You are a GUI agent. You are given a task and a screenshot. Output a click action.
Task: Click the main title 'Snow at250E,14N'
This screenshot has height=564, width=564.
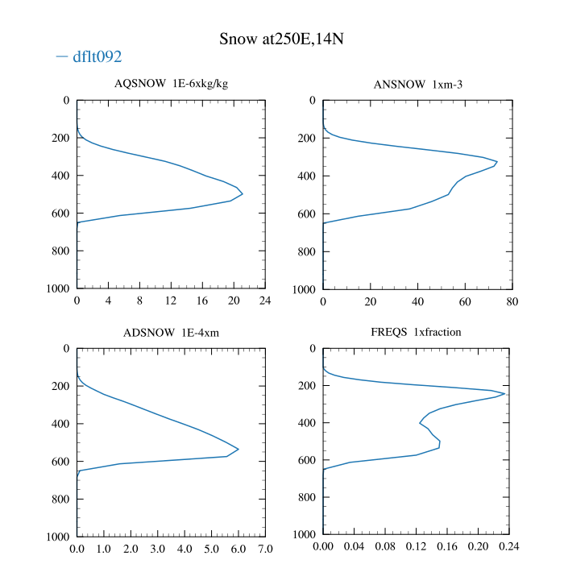[x=283, y=39]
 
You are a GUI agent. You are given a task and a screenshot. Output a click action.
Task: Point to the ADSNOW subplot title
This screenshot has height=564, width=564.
[x=171, y=332]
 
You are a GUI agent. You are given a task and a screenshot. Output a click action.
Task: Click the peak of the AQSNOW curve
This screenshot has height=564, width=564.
[x=243, y=193]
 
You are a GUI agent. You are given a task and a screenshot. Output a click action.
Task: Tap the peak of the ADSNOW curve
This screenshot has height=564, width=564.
[x=238, y=449]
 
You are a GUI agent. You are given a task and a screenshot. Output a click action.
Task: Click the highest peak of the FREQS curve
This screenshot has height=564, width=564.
[x=505, y=393]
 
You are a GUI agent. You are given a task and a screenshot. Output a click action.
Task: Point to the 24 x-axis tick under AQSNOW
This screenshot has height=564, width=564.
[x=265, y=301]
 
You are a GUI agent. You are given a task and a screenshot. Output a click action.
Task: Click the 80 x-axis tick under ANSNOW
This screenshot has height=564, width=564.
[x=512, y=301]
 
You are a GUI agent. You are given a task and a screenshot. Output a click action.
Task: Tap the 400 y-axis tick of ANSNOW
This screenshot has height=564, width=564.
[x=305, y=176]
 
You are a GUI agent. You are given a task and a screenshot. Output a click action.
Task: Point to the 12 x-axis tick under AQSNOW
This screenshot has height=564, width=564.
[x=171, y=301]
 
